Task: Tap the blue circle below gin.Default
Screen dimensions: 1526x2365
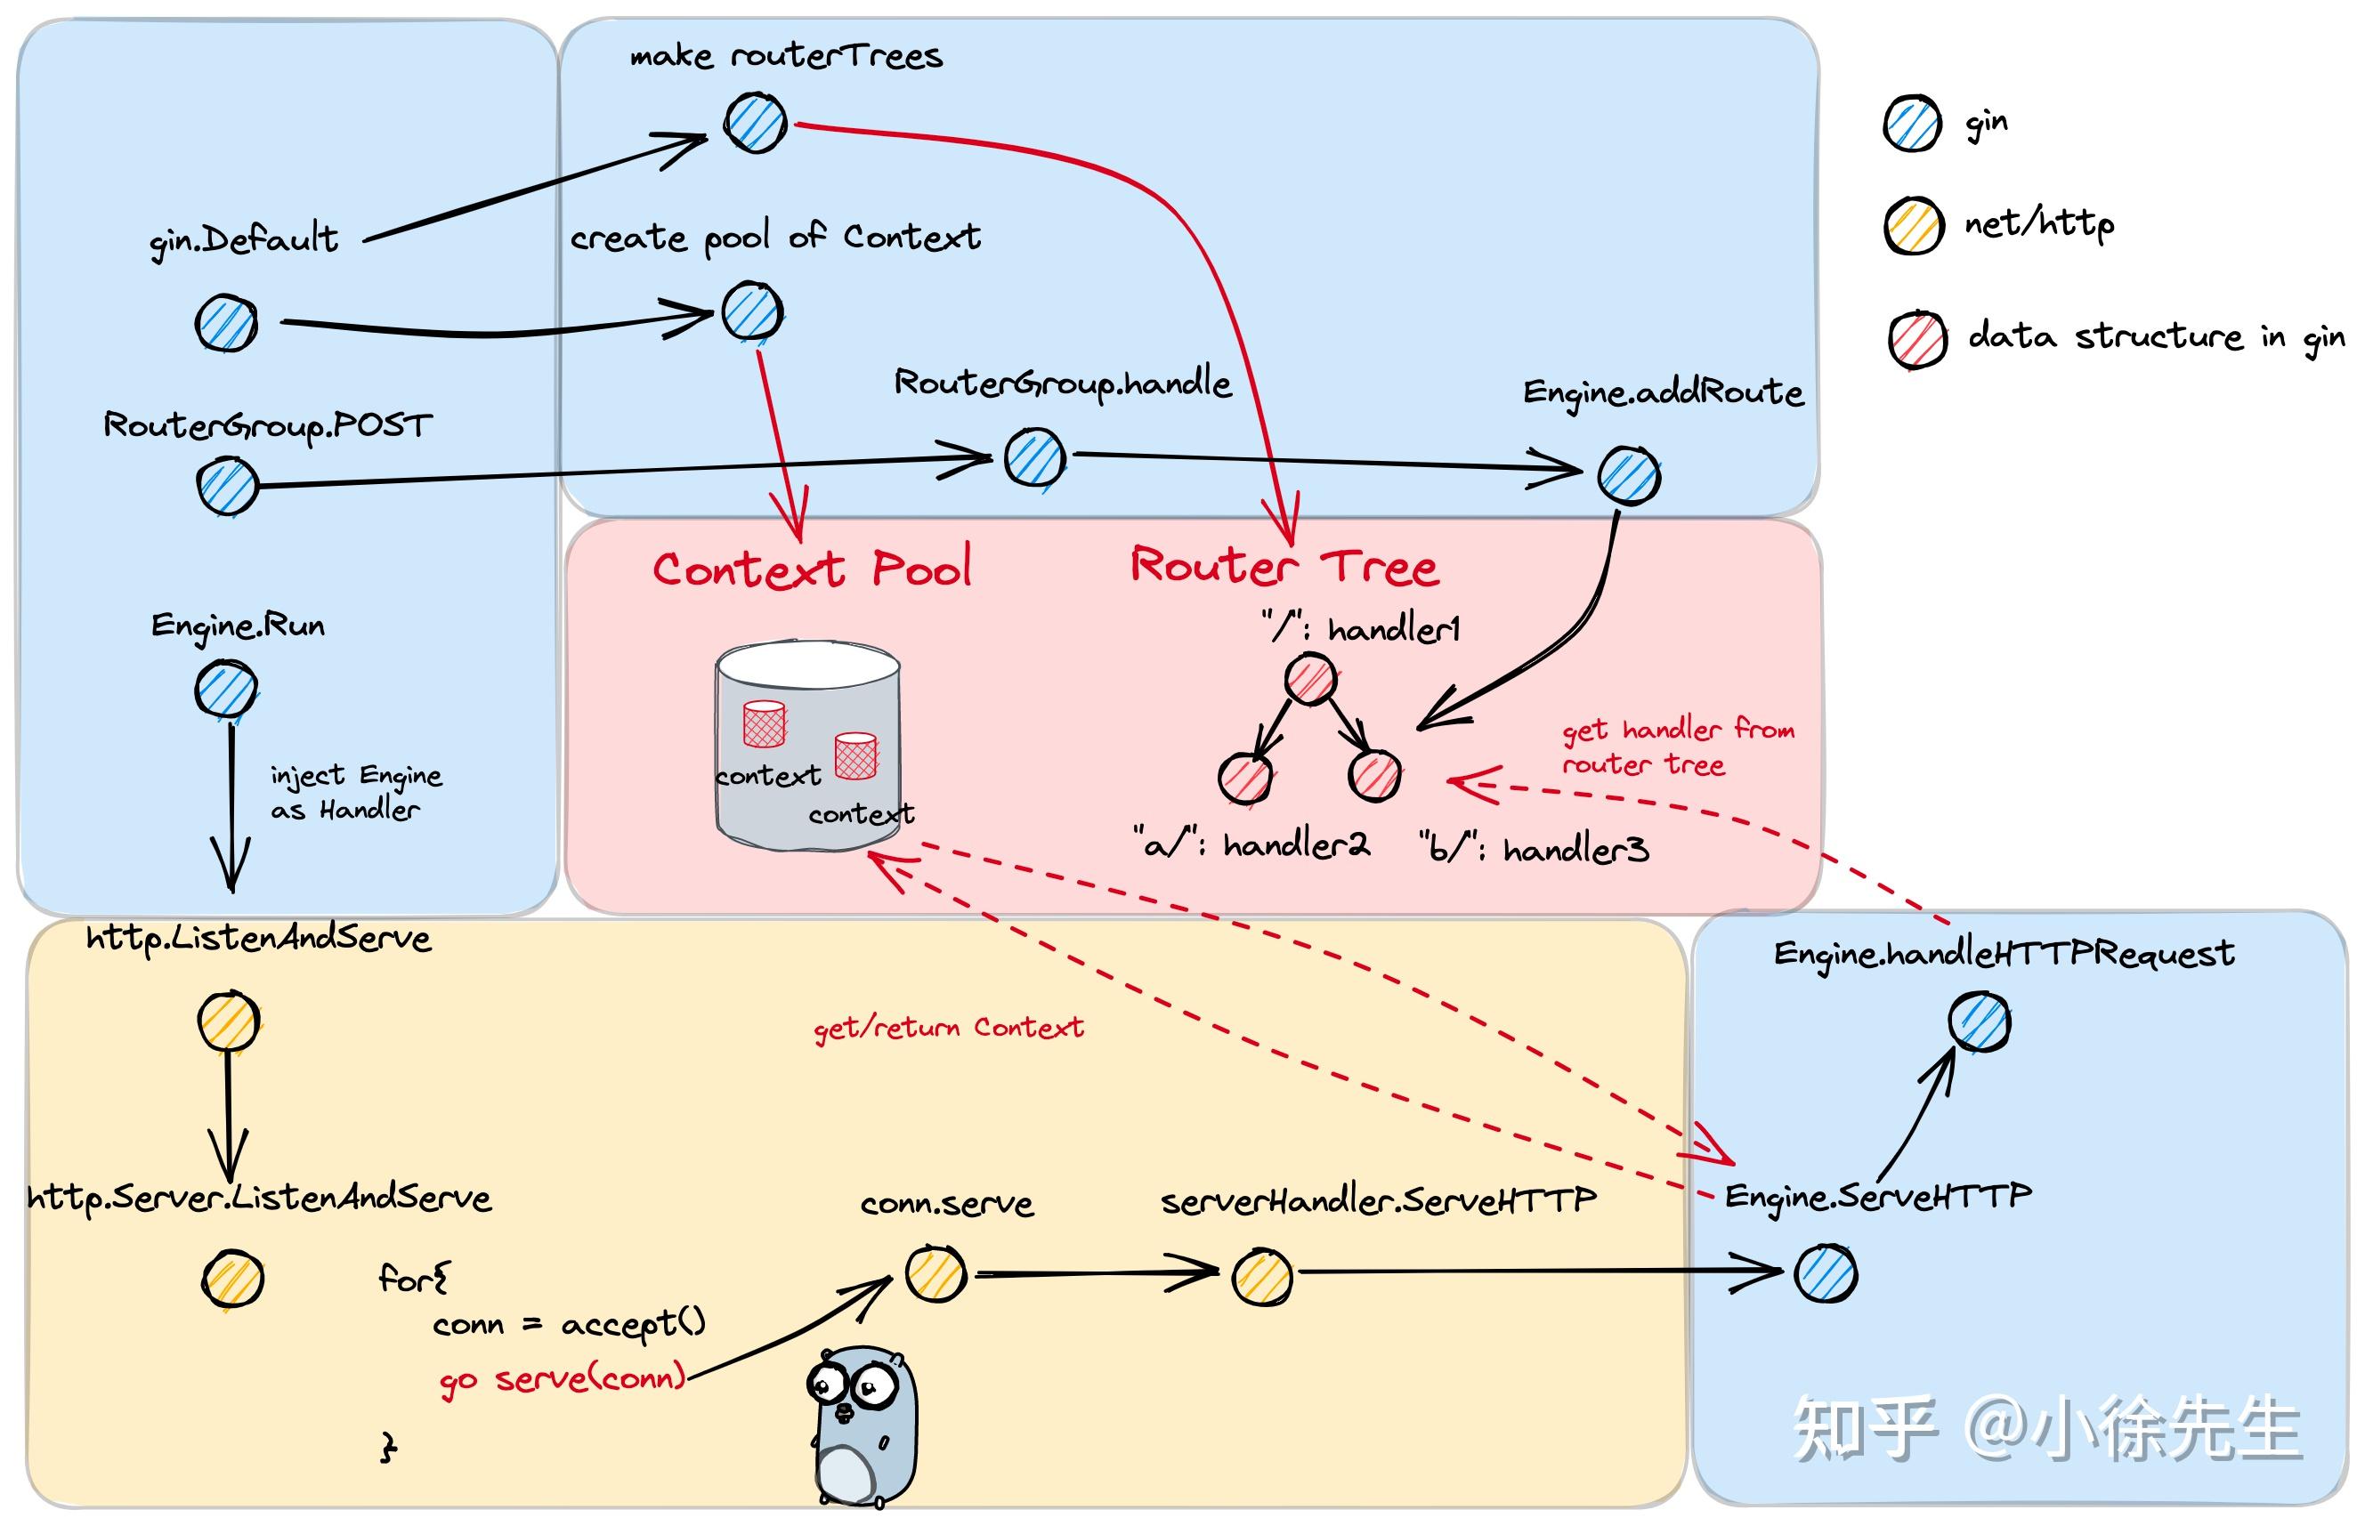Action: coord(226,323)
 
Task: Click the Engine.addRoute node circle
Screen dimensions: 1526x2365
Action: coord(1629,476)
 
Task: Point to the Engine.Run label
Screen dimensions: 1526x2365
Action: coord(238,626)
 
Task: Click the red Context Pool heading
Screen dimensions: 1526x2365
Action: coord(811,569)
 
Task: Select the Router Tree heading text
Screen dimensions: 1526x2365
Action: coord(1284,567)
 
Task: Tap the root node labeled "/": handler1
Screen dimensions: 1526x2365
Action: coord(1310,680)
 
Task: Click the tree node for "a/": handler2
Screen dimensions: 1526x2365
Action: coord(1245,778)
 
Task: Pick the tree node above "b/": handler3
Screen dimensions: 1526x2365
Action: coord(1375,775)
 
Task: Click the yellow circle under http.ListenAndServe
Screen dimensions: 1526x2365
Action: coord(228,1021)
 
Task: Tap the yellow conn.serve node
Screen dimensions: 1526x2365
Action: coord(935,1272)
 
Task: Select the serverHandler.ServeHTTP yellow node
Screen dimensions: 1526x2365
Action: coord(1262,1276)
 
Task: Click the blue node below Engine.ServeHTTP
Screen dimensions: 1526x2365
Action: coord(1825,1273)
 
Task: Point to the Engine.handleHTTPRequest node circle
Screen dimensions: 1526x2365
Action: coord(1980,1021)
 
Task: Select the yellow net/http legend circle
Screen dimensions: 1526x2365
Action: coord(1913,226)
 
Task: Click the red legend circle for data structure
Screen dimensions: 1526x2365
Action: coord(1917,340)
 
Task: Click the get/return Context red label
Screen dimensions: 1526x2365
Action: coord(948,1028)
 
